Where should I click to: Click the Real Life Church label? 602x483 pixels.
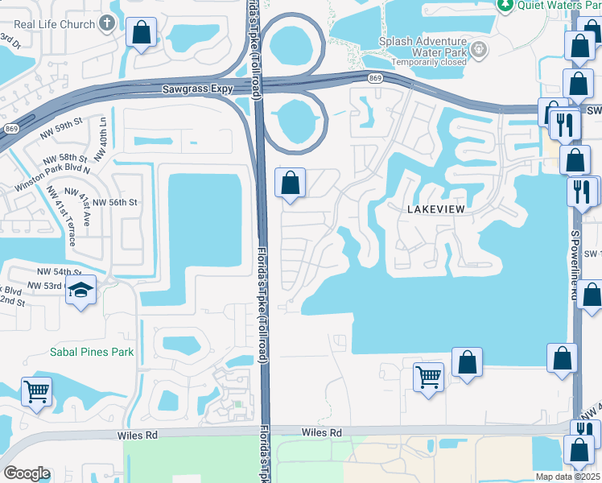coord(55,24)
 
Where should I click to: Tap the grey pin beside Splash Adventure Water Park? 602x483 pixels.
coord(480,50)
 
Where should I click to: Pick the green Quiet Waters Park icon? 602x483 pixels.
coord(505,5)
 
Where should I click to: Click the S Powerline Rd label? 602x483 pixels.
coord(575,266)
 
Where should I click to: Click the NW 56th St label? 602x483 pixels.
coord(117,203)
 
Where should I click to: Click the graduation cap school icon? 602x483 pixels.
coord(81,291)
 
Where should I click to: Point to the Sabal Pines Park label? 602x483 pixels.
coord(92,352)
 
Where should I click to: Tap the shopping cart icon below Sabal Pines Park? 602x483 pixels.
coord(37,392)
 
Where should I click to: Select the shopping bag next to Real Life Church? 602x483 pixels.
coord(142,33)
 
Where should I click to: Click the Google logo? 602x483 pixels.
coord(27,473)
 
